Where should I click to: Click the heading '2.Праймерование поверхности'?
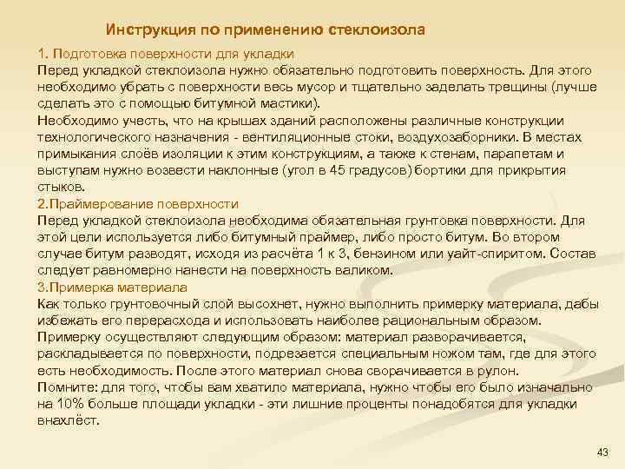[138, 204]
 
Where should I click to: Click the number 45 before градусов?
[368, 171]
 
